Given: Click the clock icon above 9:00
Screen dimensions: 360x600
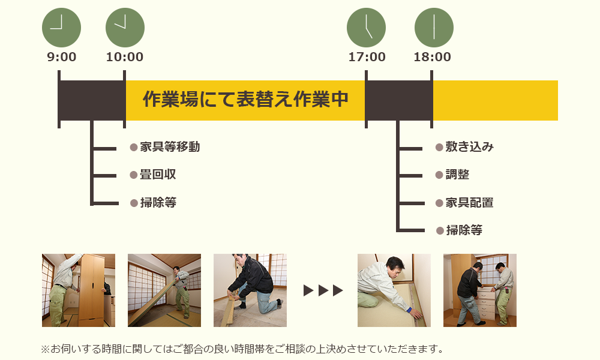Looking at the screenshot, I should (x=61, y=28).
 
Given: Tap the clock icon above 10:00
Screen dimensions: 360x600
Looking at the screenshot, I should (x=125, y=28).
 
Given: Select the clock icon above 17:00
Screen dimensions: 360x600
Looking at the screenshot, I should (x=366, y=28).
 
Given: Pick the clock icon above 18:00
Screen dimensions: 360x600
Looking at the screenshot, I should (x=434, y=28).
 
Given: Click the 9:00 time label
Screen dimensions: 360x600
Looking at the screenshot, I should (x=62, y=58).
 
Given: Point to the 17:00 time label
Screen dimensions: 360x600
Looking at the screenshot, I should (x=367, y=58).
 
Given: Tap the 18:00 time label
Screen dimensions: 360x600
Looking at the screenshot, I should (x=432, y=58).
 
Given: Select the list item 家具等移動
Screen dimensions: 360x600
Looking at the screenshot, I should (x=170, y=147).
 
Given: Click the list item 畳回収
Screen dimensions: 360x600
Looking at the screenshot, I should (x=158, y=175).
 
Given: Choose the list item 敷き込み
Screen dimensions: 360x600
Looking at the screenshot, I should (x=469, y=147).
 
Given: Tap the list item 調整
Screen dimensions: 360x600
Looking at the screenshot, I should (x=457, y=175).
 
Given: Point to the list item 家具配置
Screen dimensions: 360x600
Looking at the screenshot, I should (x=469, y=203).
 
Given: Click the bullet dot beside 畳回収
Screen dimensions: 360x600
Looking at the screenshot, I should (x=134, y=175).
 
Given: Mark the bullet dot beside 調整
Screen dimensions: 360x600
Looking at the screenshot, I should (x=439, y=175).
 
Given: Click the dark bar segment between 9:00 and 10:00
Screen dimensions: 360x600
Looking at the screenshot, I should (x=92, y=100).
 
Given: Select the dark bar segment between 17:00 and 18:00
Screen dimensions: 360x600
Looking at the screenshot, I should (x=398, y=100).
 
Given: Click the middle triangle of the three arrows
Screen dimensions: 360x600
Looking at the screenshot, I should (x=323, y=290).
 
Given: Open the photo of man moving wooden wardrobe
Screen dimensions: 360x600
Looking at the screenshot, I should (x=79, y=290).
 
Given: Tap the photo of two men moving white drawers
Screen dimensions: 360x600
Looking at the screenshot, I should (x=479, y=290).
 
